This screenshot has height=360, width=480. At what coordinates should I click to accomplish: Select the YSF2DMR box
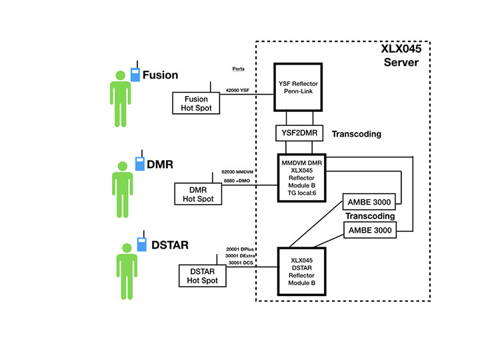(x=298, y=133)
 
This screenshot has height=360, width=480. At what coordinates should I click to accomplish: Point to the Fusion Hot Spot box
(x=197, y=103)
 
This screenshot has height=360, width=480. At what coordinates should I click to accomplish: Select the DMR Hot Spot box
(x=197, y=194)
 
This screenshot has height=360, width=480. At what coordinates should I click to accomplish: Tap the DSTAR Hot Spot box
(x=203, y=275)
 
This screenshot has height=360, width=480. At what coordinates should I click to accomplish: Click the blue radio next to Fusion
(x=135, y=73)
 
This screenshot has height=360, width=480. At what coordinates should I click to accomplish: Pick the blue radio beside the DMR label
(x=139, y=163)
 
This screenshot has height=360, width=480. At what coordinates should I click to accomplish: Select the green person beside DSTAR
(x=123, y=271)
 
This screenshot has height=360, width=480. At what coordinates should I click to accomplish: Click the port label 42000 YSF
(x=237, y=89)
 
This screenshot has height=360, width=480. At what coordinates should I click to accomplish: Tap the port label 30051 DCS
(x=241, y=263)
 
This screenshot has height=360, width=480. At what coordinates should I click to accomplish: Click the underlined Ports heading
(x=238, y=69)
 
